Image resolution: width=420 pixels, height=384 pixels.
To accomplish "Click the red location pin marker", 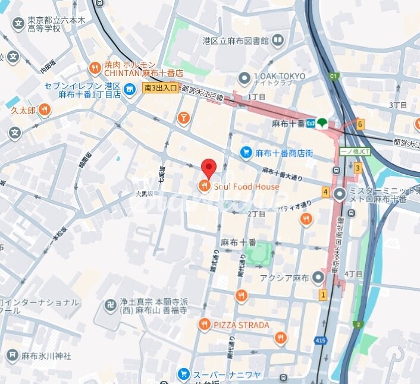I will click(x=208, y=168).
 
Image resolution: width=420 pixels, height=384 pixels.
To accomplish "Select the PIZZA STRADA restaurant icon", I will click(x=204, y=325).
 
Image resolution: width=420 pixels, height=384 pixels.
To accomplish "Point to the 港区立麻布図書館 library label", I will click(x=236, y=41).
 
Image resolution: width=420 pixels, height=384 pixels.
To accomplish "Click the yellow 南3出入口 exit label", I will click(x=160, y=88).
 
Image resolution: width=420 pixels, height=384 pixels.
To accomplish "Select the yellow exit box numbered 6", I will click(x=360, y=124).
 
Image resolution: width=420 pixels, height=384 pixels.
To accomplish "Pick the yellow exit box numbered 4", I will click(x=325, y=192).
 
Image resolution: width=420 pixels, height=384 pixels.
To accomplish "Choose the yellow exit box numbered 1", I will click(x=323, y=294).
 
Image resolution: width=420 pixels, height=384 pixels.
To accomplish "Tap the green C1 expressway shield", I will click(x=334, y=76).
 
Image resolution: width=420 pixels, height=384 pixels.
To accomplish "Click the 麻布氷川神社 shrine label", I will click(x=47, y=355).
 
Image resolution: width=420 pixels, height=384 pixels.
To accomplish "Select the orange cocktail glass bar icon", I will click(x=183, y=118).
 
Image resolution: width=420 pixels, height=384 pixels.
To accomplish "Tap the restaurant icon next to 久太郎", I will click(x=46, y=111).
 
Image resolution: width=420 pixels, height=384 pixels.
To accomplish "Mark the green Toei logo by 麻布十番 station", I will click(x=322, y=123).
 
